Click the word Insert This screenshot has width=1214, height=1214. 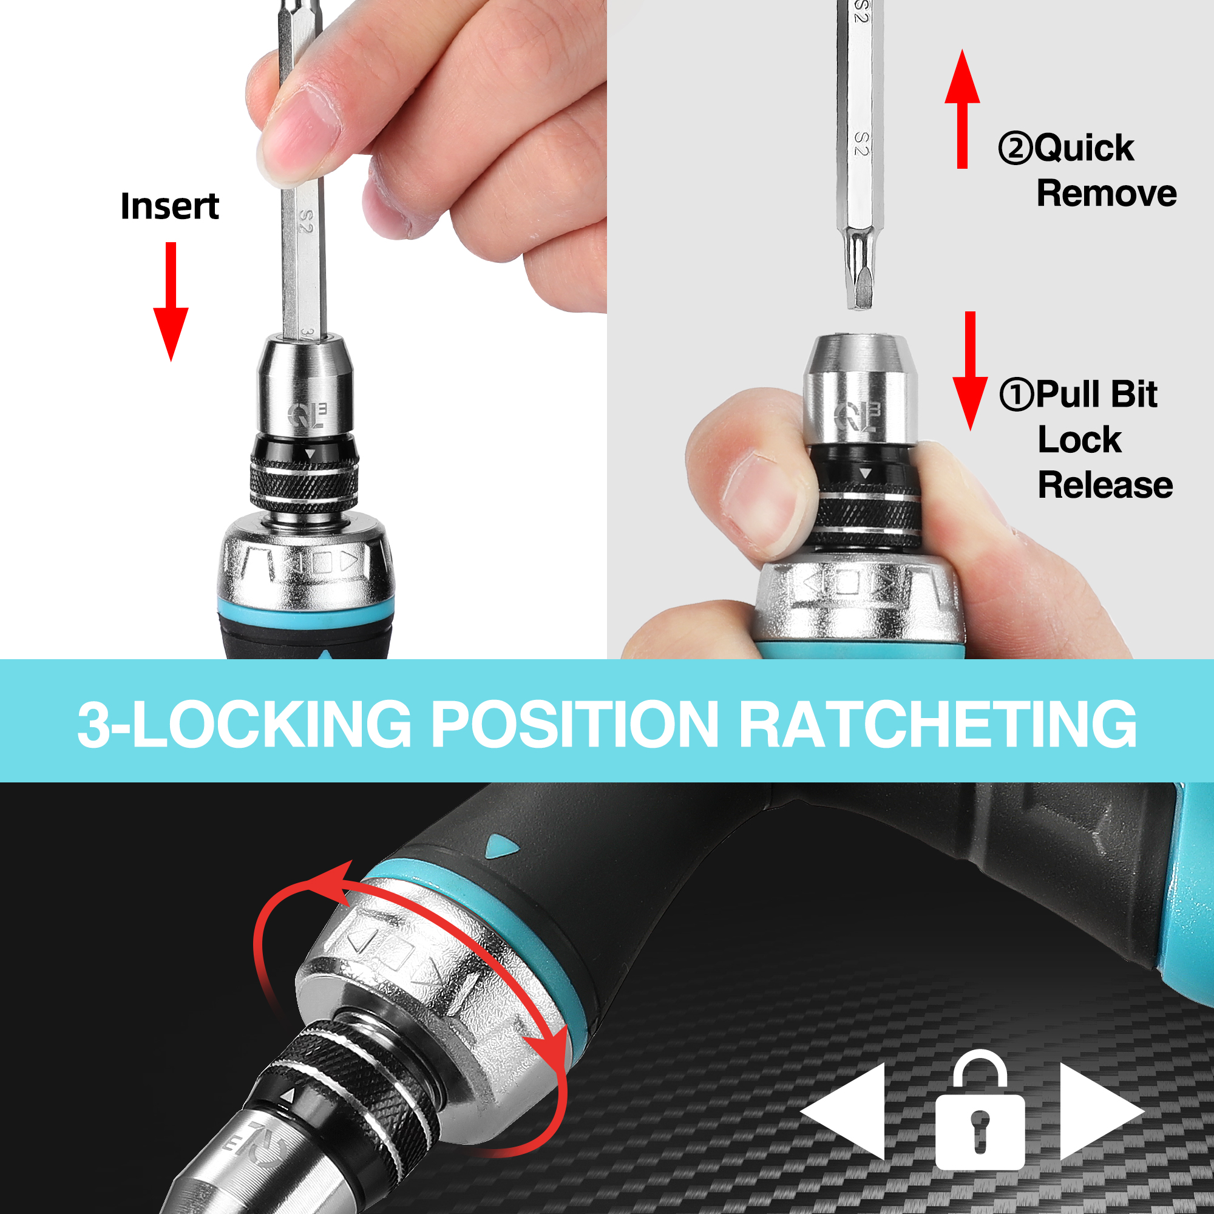pos(170,207)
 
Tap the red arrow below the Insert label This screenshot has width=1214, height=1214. pos(171,302)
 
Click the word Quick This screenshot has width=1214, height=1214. pos(1084,149)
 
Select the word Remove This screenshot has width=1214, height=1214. pos(1107,193)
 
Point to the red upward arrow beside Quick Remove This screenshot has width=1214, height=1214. pos(962,109)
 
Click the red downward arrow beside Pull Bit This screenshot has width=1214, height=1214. pos(970,371)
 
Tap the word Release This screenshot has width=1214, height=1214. pos(1105,486)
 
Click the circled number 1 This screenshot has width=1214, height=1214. pos(1016,394)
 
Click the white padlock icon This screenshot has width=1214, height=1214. pos(980,1110)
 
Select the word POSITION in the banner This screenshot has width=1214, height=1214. pos(574,724)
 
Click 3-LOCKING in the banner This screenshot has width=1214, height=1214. pos(245,724)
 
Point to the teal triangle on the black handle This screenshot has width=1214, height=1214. pos(503,847)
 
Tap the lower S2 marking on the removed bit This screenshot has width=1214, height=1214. pos(862,144)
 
